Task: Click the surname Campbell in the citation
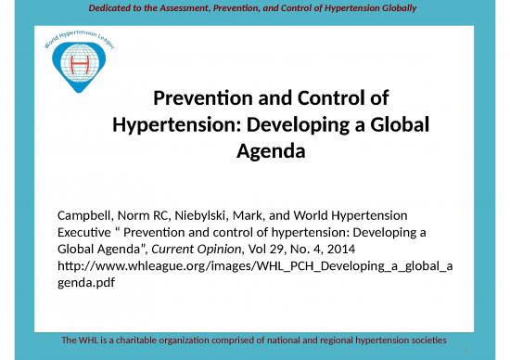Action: tap(88, 215)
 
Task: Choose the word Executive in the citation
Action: tap(89, 233)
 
